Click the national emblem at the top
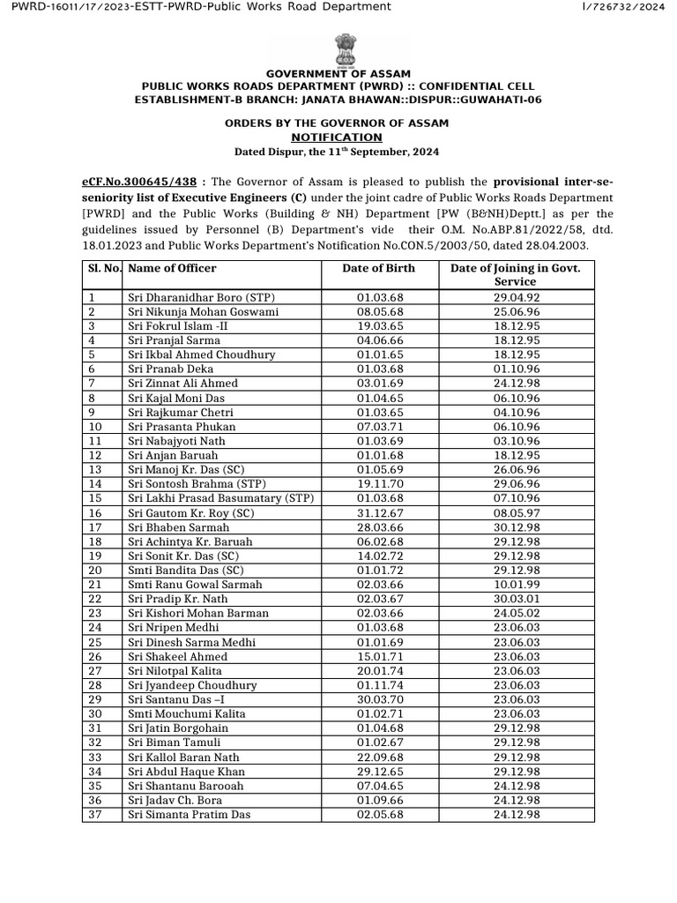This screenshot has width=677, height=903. click(x=338, y=49)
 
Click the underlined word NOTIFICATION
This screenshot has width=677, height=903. click(x=338, y=138)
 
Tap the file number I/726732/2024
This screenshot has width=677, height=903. click(x=624, y=7)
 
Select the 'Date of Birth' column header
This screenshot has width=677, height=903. click(x=378, y=268)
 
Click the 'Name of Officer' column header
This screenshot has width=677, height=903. click(x=172, y=268)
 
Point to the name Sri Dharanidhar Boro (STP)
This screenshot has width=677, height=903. click(x=201, y=297)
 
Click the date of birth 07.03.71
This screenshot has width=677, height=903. click(x=378, y=427)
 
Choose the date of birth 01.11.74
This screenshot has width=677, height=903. click(x=378, y=685)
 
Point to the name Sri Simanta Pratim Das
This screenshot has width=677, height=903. click(x=189, y=815)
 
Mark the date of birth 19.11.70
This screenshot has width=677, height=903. click(x=378, y=484)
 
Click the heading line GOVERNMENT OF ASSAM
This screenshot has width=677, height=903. click(x=338, y=73)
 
